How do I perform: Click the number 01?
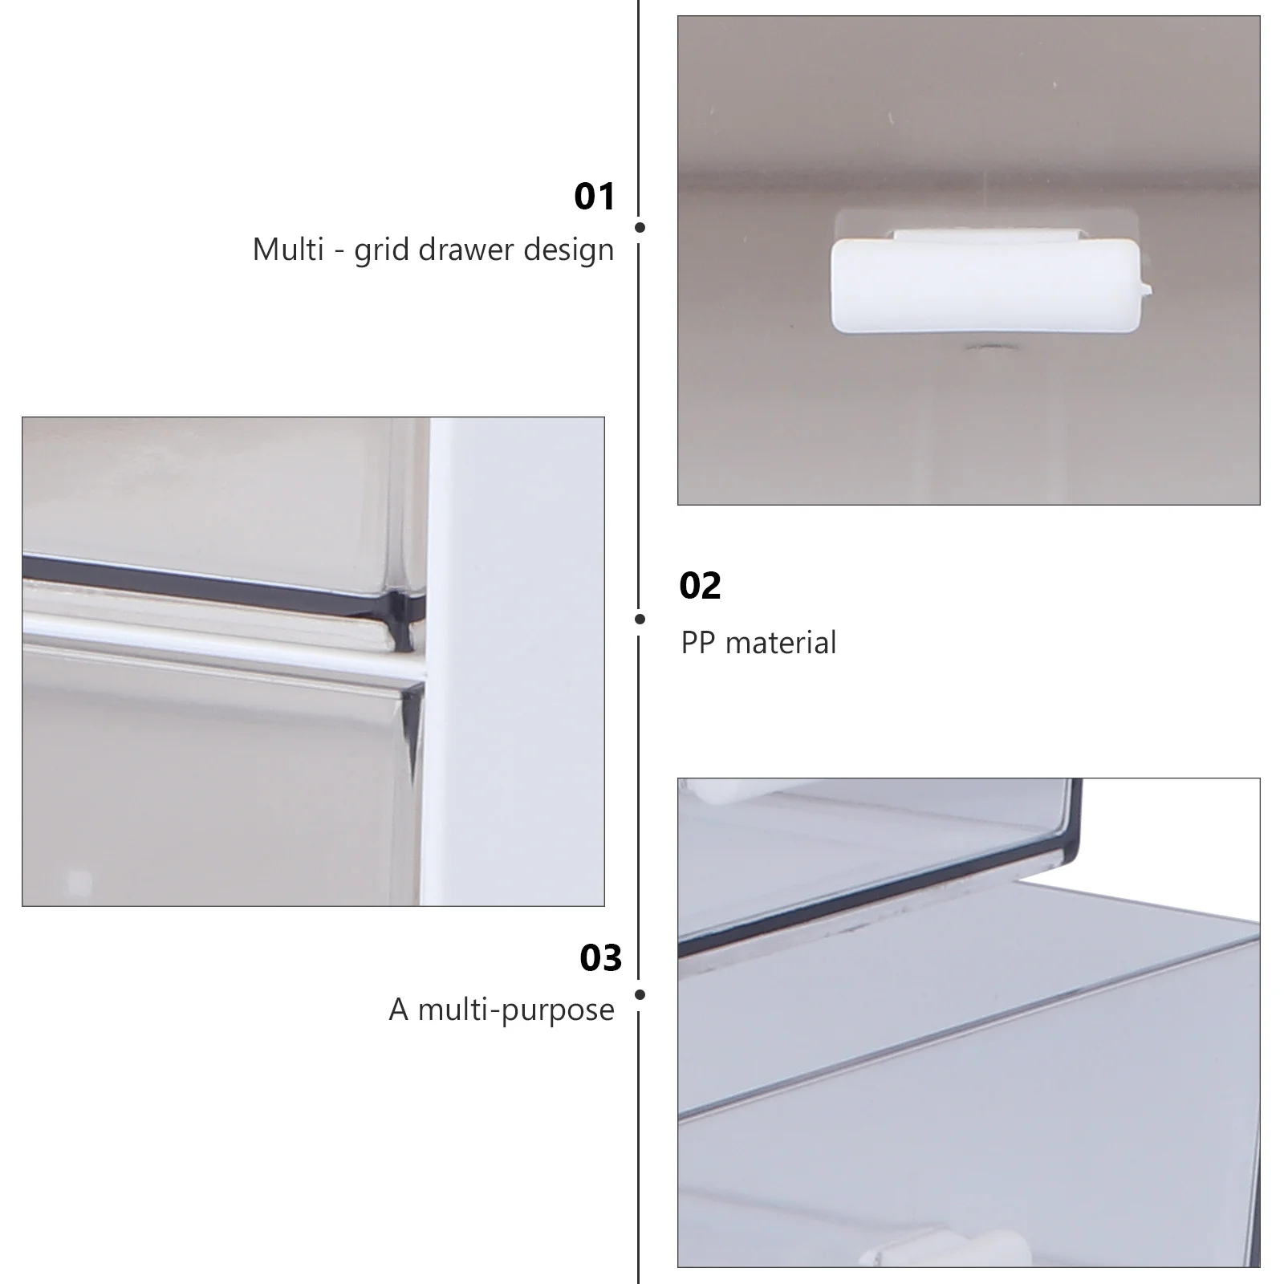595,197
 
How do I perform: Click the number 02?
700,586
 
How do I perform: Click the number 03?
601,958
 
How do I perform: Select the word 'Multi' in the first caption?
288,250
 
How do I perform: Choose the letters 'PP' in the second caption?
698,643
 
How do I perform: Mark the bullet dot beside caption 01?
640,227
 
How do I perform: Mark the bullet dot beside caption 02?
640,619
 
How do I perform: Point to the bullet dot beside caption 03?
640,994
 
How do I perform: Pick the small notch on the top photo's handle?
1147,286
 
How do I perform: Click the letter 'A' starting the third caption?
399,1010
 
